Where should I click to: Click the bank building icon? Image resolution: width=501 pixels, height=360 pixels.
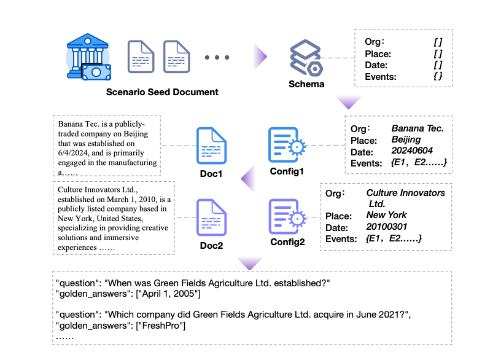pos(88,57)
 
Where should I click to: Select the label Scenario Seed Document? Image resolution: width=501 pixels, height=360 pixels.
pos(162,92)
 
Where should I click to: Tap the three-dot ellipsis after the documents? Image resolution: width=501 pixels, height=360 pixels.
pos(217,58)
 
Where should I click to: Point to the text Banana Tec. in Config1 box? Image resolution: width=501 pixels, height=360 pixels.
pos(417,128)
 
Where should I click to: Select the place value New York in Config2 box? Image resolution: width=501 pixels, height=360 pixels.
pos(386,215)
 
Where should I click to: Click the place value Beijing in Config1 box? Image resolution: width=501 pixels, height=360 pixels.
pos(406,140)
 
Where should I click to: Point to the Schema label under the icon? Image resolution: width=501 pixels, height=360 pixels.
pos(306,84)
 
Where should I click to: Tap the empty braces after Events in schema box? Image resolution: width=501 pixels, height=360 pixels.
pos(437,77)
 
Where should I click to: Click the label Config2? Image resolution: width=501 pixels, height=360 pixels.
pos(287,241)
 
